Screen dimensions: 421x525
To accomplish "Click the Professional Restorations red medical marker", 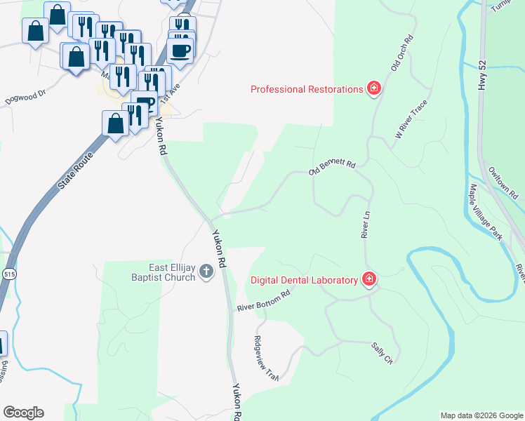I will click(374, 88).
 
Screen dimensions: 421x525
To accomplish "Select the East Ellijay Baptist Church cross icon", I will click(206, 271).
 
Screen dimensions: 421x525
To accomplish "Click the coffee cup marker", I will click(180, 51).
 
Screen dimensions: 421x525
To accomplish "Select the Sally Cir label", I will click(382, 349).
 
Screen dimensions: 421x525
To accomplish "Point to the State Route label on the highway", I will click(75, 168).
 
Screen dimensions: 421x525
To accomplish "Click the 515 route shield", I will click(8, 272).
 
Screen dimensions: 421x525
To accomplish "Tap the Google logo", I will click(23, 413).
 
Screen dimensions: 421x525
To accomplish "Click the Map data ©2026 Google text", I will click(481, 415).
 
